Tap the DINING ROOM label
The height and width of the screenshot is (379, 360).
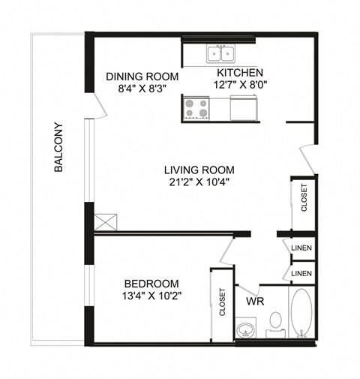[x=142, y=77]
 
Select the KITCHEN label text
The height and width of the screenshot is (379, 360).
[x=240, y=73]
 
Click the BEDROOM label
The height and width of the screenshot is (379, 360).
[x=151, y=283]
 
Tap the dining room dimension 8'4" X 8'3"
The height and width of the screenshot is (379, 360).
[x=142, y=88]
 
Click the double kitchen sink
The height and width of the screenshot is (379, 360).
[x=220, y=53]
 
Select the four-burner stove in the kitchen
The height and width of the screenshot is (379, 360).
[x=196, y=110]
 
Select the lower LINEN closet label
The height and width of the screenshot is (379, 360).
[x=302, y=273]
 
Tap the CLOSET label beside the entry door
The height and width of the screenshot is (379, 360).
[x=303, y=198]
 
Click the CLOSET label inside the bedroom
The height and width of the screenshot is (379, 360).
[x=223, y=303]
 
